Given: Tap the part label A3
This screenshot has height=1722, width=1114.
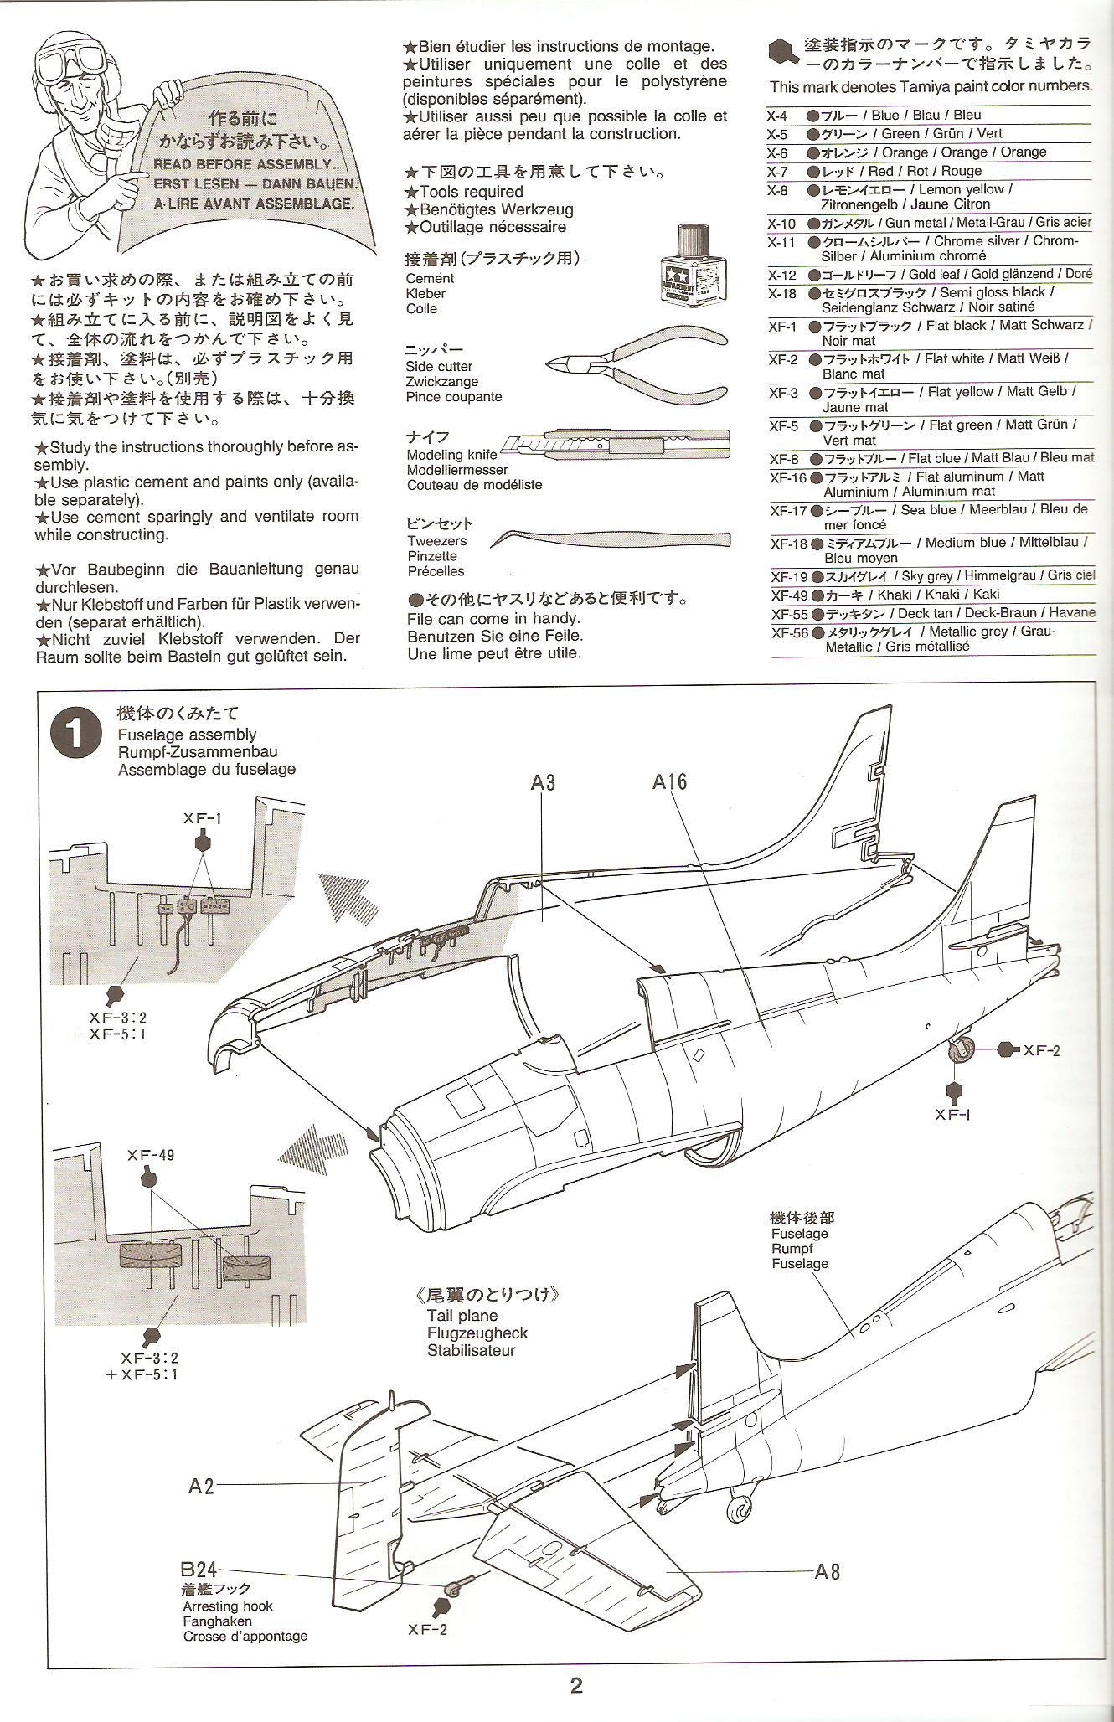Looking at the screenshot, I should point(543,782).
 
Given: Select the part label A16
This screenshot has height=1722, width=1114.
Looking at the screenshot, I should point(669,781).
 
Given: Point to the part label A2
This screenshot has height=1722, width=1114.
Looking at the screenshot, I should point(201,1486).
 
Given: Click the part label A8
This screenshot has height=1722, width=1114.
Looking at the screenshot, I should point(828,1571).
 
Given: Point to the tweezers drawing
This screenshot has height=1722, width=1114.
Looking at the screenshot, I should point(611,538).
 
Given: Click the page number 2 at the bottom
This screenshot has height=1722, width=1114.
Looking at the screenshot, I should point(576,1685).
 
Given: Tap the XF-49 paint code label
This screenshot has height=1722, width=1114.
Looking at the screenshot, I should point(151,1155).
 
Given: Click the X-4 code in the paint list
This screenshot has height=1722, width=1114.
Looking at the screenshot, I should point(777,116).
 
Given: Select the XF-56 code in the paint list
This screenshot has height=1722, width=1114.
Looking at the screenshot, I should point(789,632).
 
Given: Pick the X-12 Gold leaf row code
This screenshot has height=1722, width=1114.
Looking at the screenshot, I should point(781,275).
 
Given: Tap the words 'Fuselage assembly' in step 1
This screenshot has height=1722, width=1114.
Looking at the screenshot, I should point(187,735).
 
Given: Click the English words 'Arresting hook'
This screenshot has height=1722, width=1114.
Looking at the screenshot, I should point(228,1606).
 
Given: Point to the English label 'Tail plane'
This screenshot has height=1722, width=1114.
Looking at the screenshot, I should point(462,1316).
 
